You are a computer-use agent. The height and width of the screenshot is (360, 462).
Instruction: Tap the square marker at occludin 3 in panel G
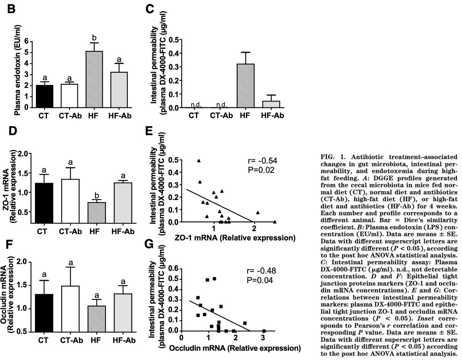point(264,331)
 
